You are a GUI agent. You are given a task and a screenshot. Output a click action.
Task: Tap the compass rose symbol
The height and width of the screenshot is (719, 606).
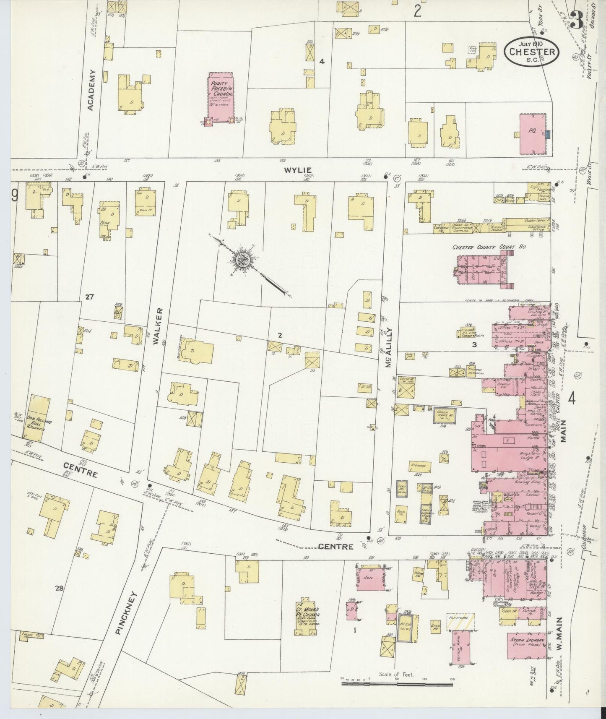point(243,261)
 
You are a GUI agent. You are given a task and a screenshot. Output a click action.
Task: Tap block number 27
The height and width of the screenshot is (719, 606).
point(89,297)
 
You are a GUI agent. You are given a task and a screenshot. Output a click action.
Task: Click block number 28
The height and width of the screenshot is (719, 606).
point(59,589)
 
